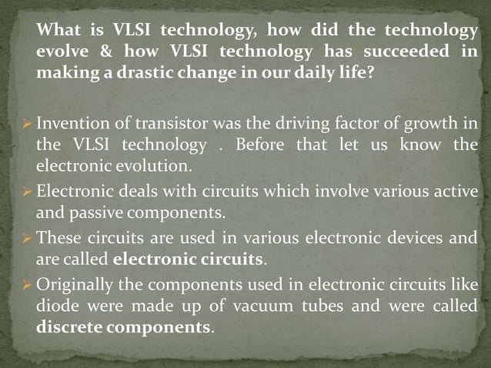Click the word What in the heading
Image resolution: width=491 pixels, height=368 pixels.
pyautogui.click(x=59, y=31)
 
